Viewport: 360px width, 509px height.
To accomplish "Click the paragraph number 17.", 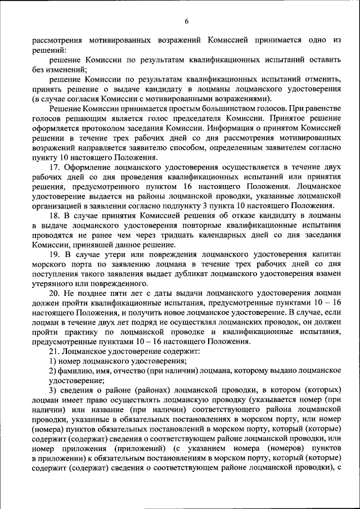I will tap(54, 167).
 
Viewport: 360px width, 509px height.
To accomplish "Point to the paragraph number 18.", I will tap(54, 216).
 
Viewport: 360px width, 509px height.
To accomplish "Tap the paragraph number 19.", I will tap(54, 254).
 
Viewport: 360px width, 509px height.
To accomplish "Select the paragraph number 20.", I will tap(54, 293).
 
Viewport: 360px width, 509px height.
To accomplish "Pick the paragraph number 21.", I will tap(54, 351).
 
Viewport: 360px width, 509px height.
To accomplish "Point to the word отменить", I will tap(321, 80).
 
